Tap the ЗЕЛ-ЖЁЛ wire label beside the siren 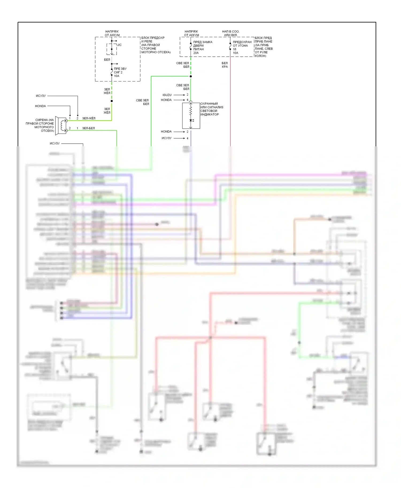point(89,118)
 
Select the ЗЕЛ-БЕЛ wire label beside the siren point(88,128)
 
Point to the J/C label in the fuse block point(119,45)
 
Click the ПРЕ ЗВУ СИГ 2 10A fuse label point(120,72)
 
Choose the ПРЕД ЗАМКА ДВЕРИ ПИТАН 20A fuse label point(203,48)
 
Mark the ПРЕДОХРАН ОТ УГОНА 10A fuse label point(242,48)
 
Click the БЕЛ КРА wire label point(225,65)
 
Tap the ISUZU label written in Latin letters point(167,95)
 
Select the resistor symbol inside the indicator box point(191,111)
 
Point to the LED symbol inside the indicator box point(191,121)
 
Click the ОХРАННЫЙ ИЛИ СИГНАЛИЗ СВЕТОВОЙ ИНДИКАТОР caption point(211,109)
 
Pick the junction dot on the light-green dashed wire point(191,76)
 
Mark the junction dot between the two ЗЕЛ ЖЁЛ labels point(112,101)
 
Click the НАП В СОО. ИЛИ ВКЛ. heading point(230,33)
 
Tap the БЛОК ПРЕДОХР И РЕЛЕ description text point(156,45)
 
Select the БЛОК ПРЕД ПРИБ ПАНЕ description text point(264,47)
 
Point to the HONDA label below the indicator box point(166,132)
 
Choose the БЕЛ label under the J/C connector point(107,60)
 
